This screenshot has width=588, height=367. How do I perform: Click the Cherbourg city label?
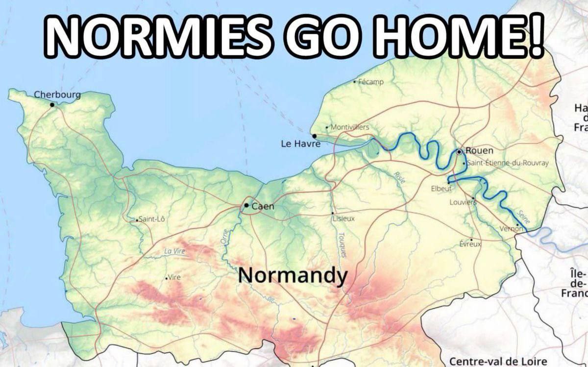pos(57,95)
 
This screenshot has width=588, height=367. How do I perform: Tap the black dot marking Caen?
pos(246,206)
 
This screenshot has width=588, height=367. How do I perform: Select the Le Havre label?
pos(300,144)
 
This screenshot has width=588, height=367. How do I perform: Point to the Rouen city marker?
pos(459,152)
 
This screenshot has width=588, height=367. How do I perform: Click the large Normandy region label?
pos(293,276)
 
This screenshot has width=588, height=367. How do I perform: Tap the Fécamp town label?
pos(371,81)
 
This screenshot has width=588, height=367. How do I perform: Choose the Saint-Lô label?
pos(152,219)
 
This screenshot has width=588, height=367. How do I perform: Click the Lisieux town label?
pos(344,219)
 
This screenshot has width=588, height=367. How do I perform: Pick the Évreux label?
pos(471,244)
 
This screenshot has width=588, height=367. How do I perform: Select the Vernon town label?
pos(511,229)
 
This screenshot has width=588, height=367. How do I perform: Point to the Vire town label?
pos(174,277)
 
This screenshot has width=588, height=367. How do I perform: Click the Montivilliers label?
pos(350,127)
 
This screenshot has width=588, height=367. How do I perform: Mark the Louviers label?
pos(463,202)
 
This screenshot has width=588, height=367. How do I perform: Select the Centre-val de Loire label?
pos(498,362)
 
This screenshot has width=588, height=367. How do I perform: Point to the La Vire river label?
pos(174,251)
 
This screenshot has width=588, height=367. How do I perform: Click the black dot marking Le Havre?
pos(314,136)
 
